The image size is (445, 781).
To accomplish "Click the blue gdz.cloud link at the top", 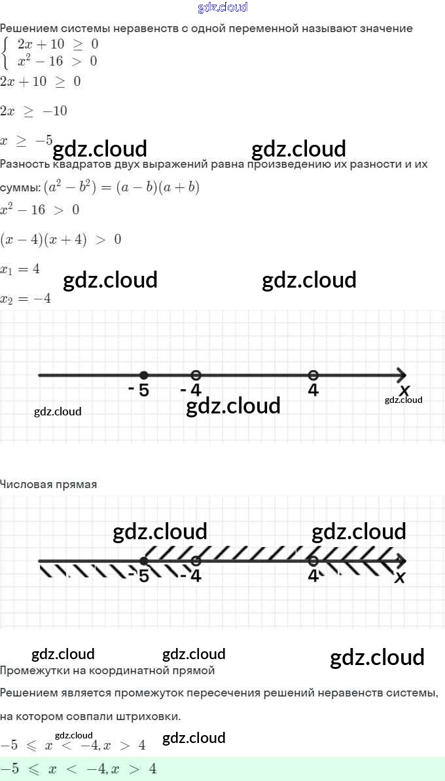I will pos(222,8).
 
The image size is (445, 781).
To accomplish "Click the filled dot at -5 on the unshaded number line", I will pos(143,375).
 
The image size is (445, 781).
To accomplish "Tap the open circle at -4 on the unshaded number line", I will pos(195,375).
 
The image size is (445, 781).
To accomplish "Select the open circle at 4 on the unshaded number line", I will pos(313,375).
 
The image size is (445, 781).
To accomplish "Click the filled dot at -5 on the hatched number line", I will pos(143,561).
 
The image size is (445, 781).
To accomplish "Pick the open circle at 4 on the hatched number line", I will pos(313,561).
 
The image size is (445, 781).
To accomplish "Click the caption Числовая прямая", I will pos(48,485).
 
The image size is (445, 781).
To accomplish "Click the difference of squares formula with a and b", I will pos(121,187).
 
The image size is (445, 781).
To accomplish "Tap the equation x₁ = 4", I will pos(20,269).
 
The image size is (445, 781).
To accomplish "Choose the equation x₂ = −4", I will pos(26,298).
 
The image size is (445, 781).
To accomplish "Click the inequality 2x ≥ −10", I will pos(33,111).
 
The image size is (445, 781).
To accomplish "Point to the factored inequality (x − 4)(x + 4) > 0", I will pos(60,239).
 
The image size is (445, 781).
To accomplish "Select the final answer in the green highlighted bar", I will pos(79,769).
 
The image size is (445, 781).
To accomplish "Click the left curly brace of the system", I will pos(7,53).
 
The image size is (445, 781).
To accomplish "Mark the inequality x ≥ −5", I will pos(26,141).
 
